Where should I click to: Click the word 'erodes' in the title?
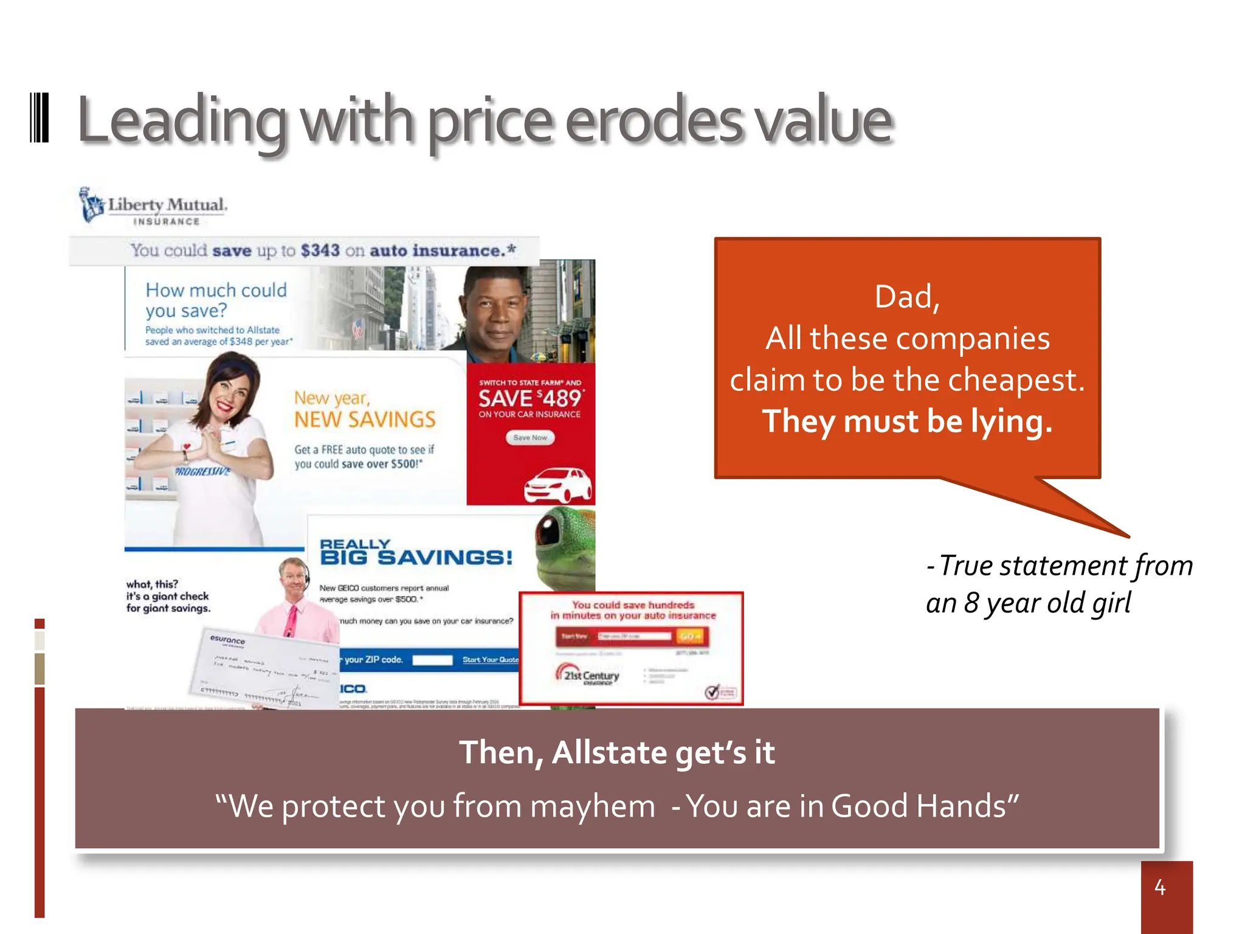[654, 122]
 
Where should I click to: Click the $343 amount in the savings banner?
[320, 251]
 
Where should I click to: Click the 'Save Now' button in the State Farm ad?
[530, 438]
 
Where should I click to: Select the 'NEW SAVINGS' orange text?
[365, 420]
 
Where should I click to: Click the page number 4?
[1160, 888]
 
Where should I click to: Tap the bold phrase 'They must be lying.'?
[907, 421]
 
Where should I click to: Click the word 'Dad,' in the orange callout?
[907, 297]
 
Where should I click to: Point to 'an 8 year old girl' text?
[1027, 604]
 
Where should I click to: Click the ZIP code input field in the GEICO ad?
[432, 660]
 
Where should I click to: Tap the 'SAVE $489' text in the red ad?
[530, 399]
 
